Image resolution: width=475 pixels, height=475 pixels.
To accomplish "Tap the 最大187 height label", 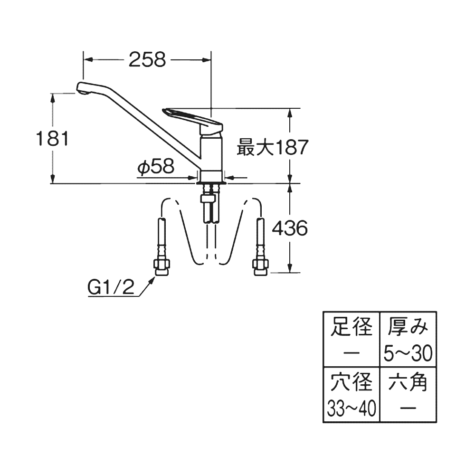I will pyautogui.click(x=272, y=148).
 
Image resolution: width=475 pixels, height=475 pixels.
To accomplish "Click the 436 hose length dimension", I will pyautogui.click(x=289, y=229).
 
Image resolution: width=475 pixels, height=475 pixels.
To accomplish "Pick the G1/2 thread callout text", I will pyautogui.click(x=111, y=286).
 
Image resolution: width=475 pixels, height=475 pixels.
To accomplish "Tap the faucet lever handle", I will pyautogui.click(x=192, y=116).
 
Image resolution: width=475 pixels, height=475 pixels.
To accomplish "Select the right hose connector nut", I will pyautogui.click(x=261, y=267).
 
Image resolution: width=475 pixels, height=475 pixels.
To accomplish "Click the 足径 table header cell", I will pyautogui.click(x=351, y=328).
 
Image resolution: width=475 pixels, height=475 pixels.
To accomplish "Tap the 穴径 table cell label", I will pyautogui.click(x=351, y=383).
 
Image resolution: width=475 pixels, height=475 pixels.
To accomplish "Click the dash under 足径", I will pyautogui.click(x=351, y=353).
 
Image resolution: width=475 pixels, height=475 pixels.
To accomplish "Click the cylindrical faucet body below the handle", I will pyautogui.click(x=211, y=152).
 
